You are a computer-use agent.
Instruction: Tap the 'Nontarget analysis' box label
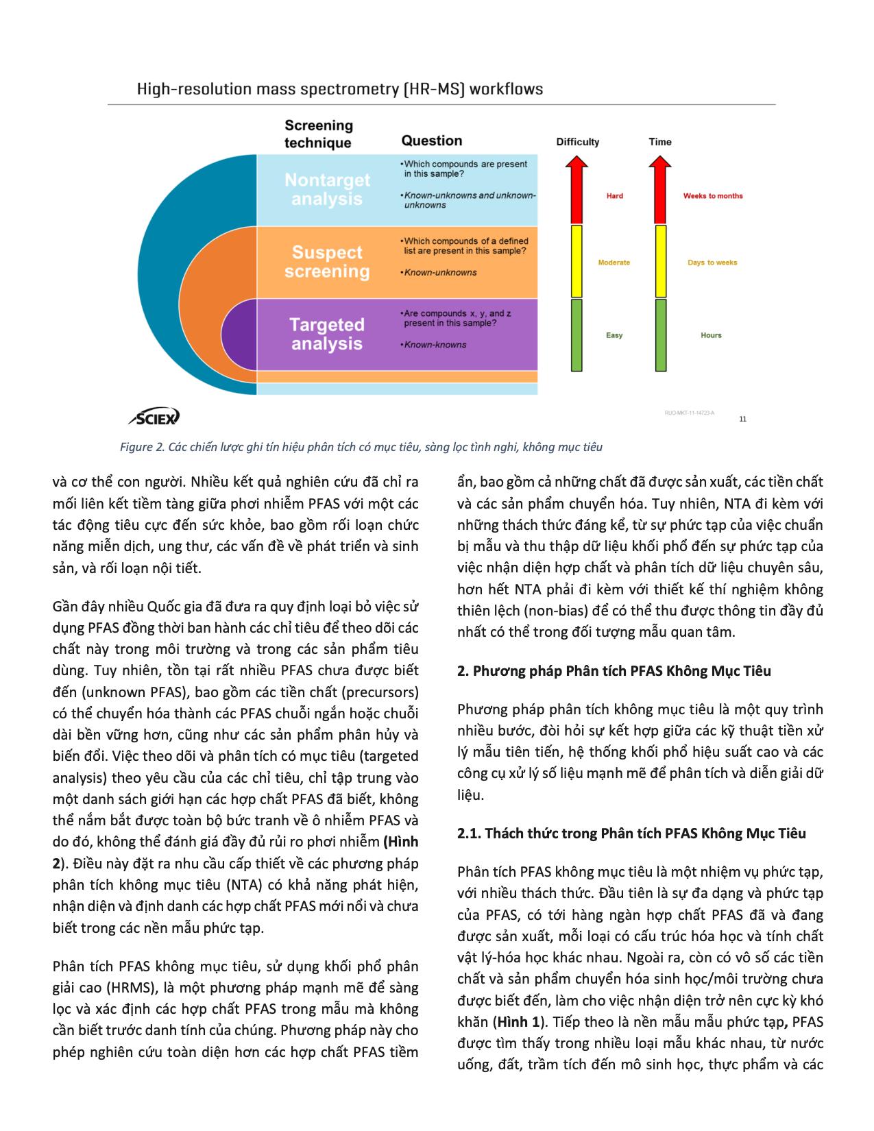[327, 189]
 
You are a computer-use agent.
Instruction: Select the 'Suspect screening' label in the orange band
[327, 262]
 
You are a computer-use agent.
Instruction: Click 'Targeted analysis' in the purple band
[326, 334]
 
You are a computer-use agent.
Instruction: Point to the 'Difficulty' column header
[577, 142]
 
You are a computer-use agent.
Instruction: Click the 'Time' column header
[660, 142]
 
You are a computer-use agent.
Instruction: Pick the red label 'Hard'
[614, 196]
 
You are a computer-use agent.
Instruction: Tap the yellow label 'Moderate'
[614, 263]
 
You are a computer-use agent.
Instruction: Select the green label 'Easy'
[614, 335]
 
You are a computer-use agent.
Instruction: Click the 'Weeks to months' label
[712, 196]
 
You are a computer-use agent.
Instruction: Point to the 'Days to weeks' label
[712, 263]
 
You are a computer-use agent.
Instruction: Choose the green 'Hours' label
[711, 335]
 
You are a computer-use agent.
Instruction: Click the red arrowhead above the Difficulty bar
[577, 165]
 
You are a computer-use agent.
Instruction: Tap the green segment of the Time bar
[661, 335]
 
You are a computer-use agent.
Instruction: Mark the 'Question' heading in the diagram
[431, 141]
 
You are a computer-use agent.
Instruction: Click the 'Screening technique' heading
[319, 134]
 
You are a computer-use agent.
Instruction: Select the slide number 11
[743, 419]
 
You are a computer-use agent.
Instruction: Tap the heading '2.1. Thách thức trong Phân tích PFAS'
[631, 834]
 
